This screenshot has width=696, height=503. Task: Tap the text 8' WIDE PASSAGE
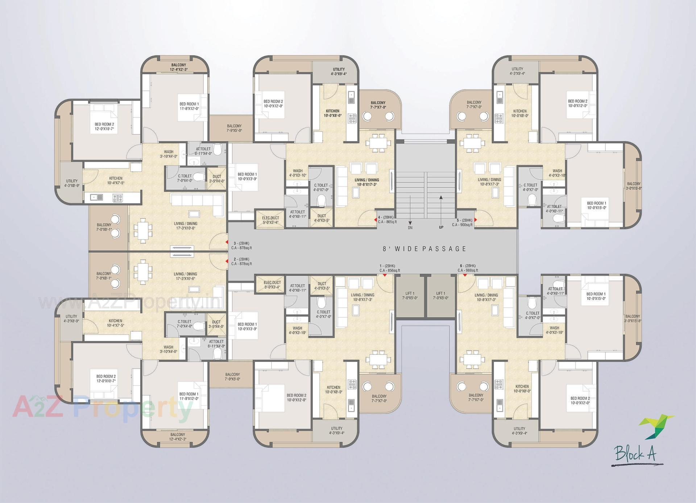click(x=424, y=249)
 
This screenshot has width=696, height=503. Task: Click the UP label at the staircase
click(x=441, y=228)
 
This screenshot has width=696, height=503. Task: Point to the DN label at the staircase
click(x=410, y=228)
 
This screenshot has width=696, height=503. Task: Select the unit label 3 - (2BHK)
click(x=241, y=243)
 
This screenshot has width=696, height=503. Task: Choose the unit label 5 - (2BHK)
click(x=464, y=220)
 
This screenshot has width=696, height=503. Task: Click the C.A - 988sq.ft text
click(x=468, y=270)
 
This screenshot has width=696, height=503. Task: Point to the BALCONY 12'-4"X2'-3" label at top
click(x=178, y=67)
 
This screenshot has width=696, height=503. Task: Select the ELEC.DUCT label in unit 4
click(x=270, y=220)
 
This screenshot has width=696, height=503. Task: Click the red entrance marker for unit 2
click(x=227, y=261)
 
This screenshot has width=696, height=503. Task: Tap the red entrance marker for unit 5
click(x=475, y=220)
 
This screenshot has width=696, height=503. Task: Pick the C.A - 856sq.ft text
click(x=390, y=270)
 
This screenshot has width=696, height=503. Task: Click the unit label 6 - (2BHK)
click(x=468, y=265)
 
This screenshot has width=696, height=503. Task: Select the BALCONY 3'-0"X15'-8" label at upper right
click(x=634, y=186)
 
